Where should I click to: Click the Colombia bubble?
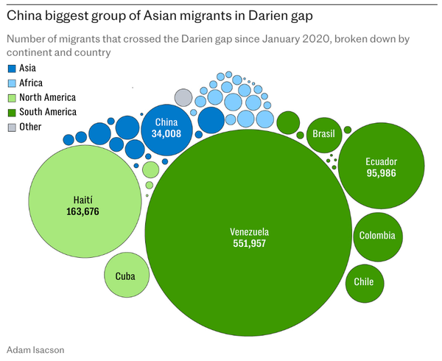tap(378, 236)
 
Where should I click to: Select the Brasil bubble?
tap(324, 134)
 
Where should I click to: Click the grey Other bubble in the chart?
tap(183, 97)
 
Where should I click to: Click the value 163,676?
tap(83, 211)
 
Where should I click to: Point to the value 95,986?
tap(381, 173)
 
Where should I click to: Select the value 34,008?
tap(166, 134)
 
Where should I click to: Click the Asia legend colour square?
tap(11, 69)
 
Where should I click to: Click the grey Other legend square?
tap(11, 127)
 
